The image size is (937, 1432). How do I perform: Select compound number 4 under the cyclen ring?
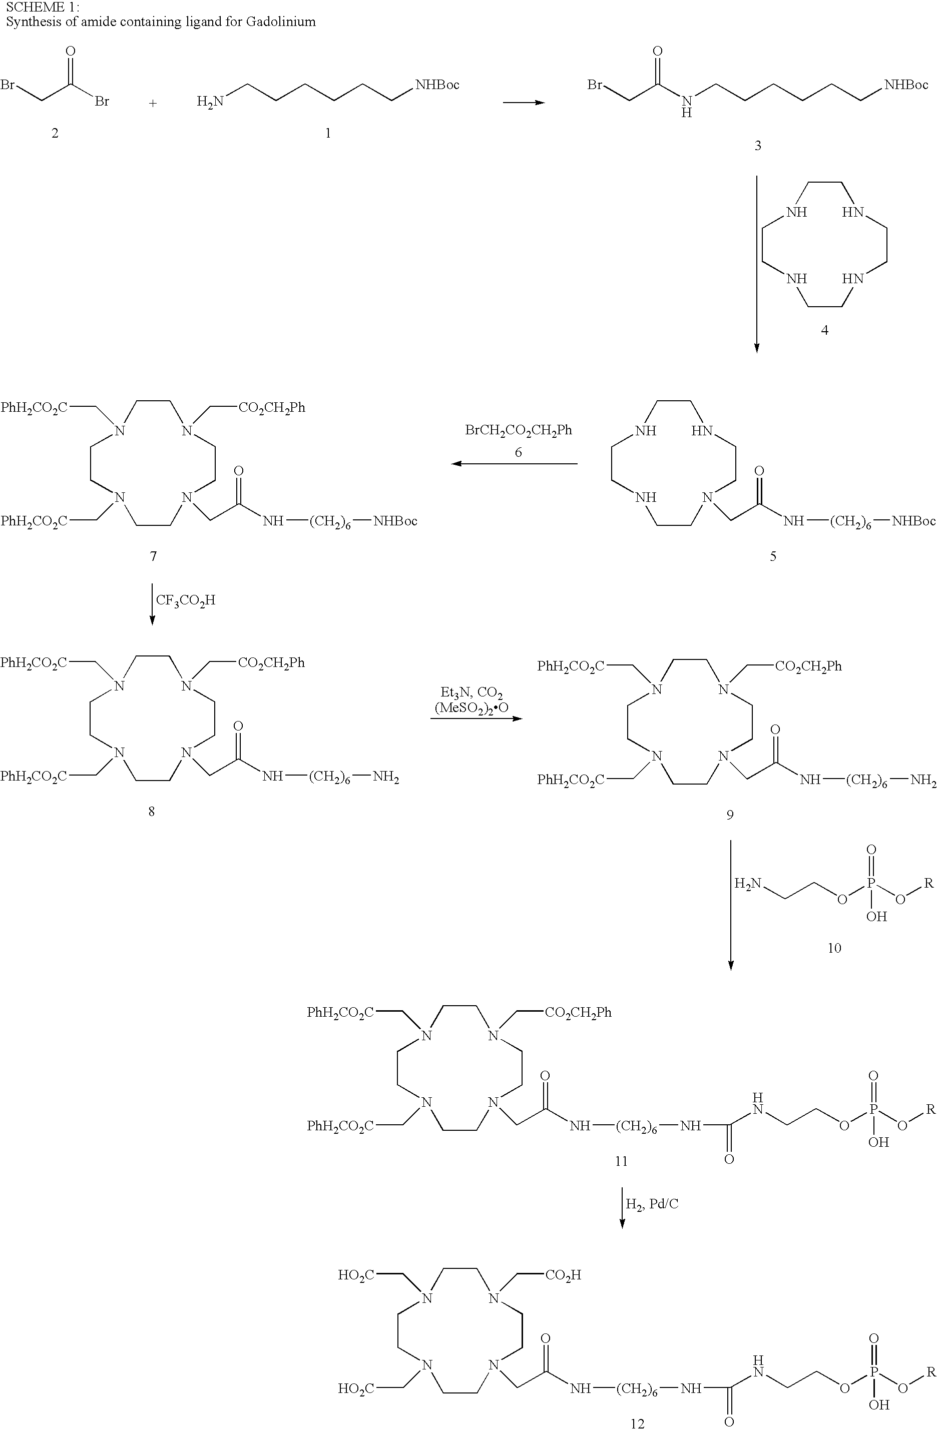[824, 330]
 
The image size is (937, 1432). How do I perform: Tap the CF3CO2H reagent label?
[185, 600]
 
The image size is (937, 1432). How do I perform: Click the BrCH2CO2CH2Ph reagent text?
[519, 430]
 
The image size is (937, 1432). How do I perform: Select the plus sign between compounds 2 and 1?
[153, 104]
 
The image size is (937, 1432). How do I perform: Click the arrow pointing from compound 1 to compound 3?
[524, 102]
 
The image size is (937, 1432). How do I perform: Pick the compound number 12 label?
[637, 1423]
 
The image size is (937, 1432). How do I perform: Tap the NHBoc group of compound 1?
[437, 85]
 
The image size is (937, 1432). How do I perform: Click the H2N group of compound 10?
[748, 884]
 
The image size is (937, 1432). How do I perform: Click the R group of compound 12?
[931, 1372]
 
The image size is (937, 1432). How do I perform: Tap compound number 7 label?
[153, 556]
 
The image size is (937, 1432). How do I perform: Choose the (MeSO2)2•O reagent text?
[471, 708]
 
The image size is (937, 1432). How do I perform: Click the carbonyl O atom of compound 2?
[71, 51]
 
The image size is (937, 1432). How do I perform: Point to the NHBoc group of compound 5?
[913, 521]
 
